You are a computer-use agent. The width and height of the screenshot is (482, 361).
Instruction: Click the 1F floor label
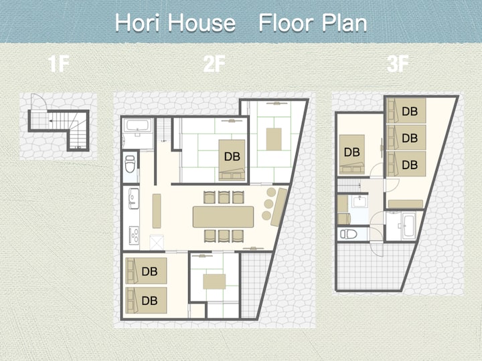[x=58, y=64]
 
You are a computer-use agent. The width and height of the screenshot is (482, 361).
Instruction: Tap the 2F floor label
[x=214, y=64]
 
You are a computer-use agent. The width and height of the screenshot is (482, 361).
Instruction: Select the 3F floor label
[x=398, y=64]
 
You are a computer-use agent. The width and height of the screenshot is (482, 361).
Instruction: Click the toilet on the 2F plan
[x=130, y=164]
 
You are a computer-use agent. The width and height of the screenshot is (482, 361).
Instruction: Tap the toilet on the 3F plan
[x=348, y=235]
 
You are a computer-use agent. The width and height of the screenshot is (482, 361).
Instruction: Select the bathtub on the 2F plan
[x=138, y=125]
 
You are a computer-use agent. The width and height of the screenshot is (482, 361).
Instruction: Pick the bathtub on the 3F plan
[x=409, y=226]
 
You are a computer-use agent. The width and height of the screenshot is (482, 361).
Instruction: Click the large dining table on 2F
[x=223, y=217]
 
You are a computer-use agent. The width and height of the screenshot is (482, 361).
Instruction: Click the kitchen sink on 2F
[x=134, y=199]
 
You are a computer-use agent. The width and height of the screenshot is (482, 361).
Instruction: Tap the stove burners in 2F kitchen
[x=134, y=235]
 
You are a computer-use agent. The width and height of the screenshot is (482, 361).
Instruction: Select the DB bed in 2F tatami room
[x=232, y=160]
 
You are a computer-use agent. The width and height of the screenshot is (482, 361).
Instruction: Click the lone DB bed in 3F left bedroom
[x=352, y=154]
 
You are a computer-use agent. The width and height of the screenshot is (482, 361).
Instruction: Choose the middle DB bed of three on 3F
[x=406, y=138]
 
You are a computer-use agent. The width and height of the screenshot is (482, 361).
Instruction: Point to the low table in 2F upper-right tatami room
[x=274, y=139]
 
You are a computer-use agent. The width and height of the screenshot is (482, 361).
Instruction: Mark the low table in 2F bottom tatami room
[x=214, y=281]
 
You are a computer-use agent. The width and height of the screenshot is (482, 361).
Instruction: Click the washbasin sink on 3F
[x=359, y=202]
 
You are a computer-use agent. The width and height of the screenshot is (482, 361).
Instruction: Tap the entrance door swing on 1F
[x=39, y=102]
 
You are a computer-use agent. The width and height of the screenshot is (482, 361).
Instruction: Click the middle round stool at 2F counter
[x=268, y=204]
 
